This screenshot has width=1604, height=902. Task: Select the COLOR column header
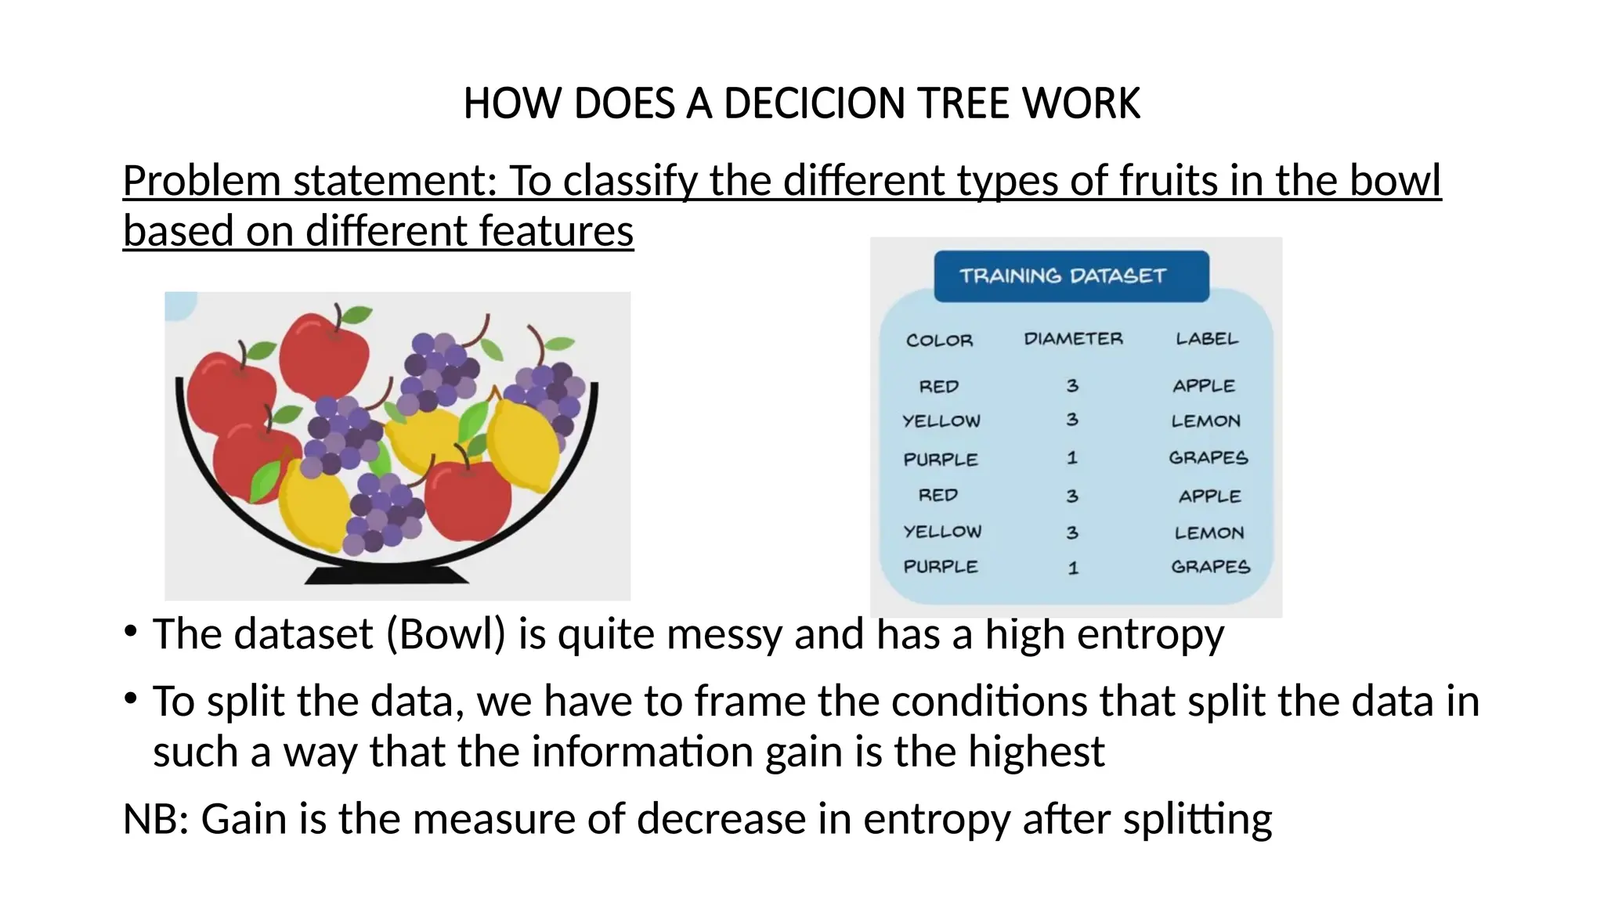(939, 341)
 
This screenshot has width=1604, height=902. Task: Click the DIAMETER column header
(1073, 339)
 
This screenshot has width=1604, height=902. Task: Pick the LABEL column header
(1207, 339)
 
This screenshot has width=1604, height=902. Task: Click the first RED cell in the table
(938, 387)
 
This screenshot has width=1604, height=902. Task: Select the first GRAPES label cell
(1208, 458)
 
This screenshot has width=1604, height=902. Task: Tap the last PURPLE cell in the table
(941, 567)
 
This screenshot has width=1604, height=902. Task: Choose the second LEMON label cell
(1208, 533)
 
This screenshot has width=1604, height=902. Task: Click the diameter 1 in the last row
(1073, 568)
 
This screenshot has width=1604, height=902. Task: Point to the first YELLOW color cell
(941, 421)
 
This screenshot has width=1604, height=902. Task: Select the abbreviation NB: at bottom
(157, 819)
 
